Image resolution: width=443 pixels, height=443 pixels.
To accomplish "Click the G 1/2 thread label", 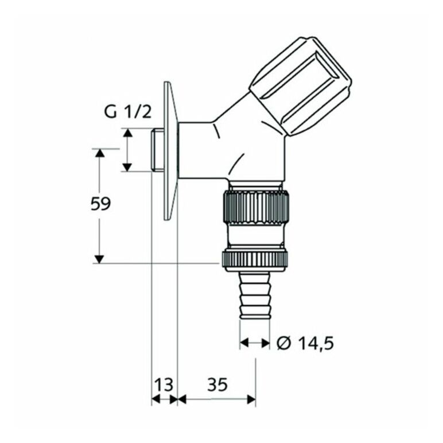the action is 128,111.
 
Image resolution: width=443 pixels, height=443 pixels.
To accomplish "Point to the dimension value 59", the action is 100,203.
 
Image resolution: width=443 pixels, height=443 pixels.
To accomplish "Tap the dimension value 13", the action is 164,384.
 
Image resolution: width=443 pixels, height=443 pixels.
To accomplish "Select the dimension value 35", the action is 217,384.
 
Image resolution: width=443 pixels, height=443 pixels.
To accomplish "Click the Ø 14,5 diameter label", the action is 305,343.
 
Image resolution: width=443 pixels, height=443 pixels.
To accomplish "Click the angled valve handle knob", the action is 301,86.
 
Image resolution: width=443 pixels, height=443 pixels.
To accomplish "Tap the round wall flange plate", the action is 170,151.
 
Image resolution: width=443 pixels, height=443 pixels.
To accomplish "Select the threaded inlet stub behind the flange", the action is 157,150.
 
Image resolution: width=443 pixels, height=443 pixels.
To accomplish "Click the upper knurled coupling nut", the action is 257,207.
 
